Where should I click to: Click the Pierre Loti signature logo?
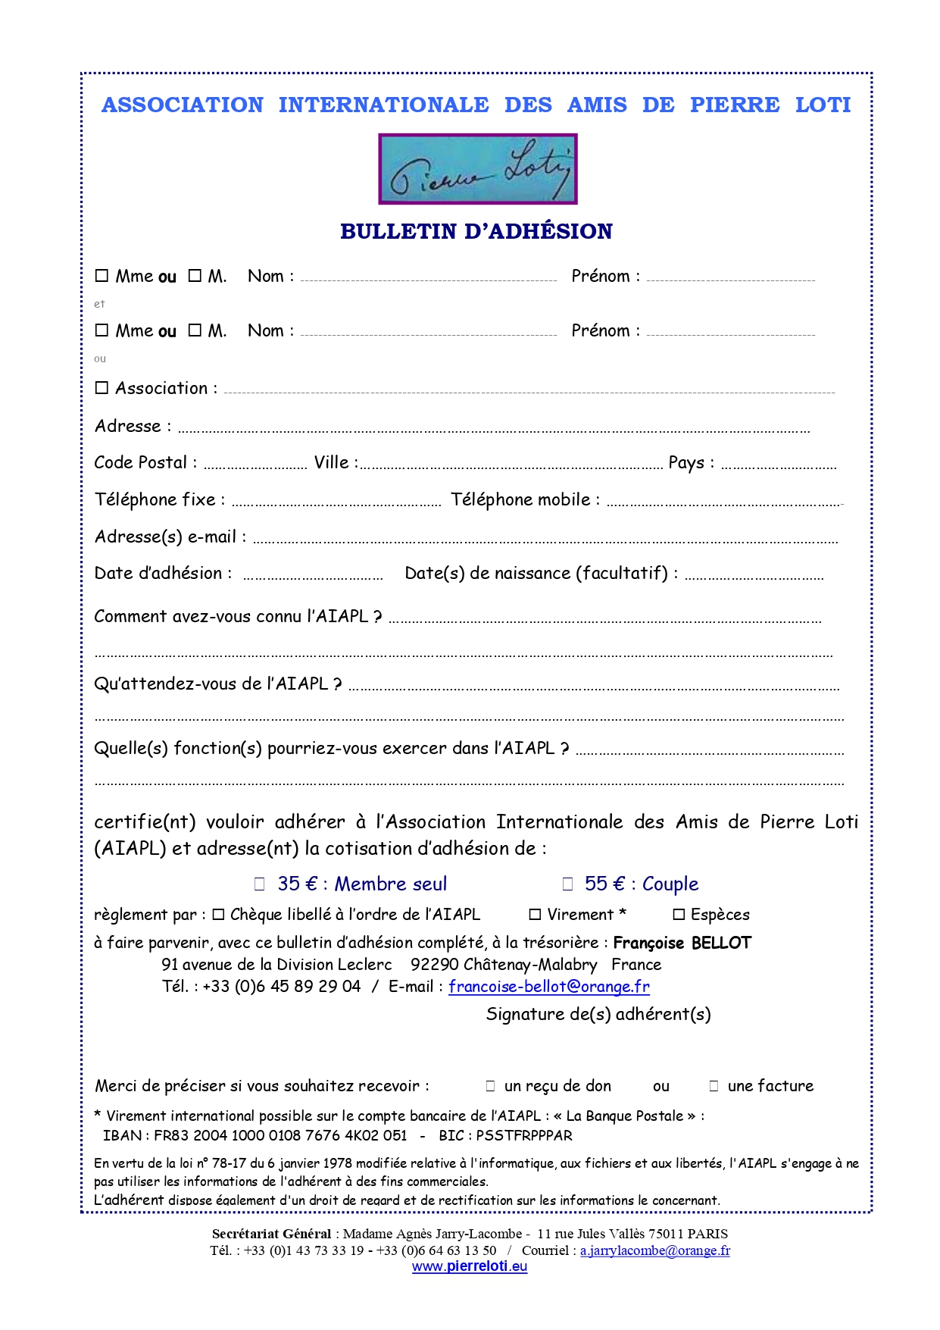(x=477, y=169)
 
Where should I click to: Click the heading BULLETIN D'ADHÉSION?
(x=476, y=231)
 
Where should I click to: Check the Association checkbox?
(x=101, y=388)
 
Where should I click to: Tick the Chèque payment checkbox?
(x=218, y=915)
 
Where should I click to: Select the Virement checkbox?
(x=535, y=915)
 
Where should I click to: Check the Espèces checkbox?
(x=679, y=915)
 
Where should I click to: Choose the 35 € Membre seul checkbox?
(x=260, y=884)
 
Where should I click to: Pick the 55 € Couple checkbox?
(x=567, y=884)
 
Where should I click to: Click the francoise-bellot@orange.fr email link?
(x=548, y=987)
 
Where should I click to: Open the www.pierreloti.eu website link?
(x=470, y=1266)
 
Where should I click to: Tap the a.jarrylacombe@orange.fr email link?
(x=654, y=1250)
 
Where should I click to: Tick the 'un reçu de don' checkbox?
(x=490, y=1086)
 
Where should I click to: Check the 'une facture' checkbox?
(x=714, y=1086)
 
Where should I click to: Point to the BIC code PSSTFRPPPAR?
(x=524, y=1135)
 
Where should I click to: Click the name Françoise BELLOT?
(x=682, y=943)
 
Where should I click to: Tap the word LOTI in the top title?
(x=823, y=105)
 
